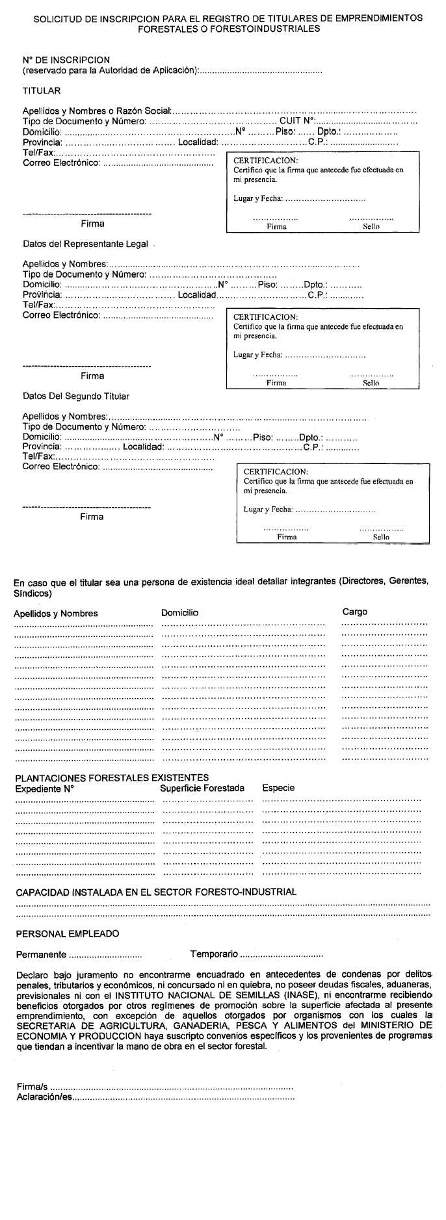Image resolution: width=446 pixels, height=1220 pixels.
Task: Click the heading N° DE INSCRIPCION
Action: pos(66,60)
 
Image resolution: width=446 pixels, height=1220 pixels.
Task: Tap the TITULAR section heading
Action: pos(41,91)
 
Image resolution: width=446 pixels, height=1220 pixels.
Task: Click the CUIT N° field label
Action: pos(297,120)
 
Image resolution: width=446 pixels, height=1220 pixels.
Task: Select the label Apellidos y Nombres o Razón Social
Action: pos(96,111)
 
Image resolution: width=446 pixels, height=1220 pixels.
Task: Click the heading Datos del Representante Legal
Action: pos(85,244)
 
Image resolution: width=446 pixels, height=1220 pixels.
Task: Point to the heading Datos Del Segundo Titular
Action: pos(75,396)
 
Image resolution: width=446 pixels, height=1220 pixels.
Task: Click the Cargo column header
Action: pos(354,612)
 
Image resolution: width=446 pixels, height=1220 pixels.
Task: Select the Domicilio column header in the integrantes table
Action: pos(179,612)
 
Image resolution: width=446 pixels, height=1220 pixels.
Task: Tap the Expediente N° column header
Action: pos(44,788)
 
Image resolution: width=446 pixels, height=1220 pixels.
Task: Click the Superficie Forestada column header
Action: pos(202,788)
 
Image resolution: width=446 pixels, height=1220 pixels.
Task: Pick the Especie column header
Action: pos(278,788)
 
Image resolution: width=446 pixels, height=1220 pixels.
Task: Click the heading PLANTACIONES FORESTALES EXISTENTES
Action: pos(112,777)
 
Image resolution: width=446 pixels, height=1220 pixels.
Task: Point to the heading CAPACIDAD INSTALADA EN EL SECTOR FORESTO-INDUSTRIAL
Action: pos(155,892)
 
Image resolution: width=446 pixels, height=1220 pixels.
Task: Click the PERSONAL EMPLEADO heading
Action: pos(68,934)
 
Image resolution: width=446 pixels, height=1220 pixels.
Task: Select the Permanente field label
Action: pos(41,955)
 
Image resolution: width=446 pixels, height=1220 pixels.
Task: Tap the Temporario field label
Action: pos(214,954)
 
